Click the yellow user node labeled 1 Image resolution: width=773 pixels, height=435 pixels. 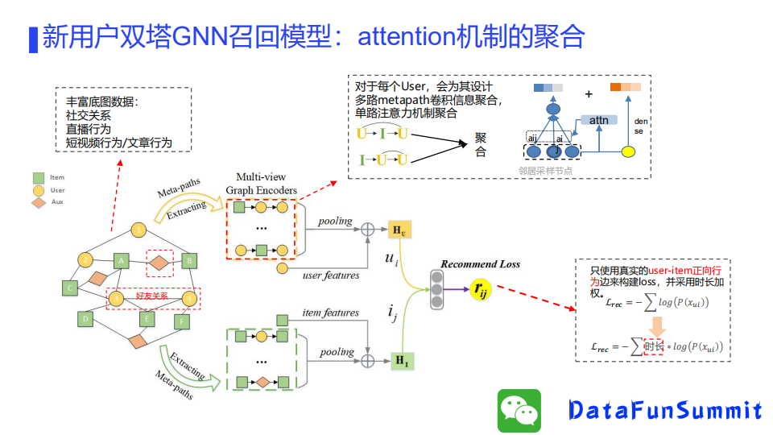tap(140, 231)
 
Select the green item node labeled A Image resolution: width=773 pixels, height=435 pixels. tap(121, 260)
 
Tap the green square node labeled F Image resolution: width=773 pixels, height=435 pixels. tap(183, 321)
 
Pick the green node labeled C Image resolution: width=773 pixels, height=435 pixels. tap(71, 288)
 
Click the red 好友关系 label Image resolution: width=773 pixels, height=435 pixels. tap(152, 296)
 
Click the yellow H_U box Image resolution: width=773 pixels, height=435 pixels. tap(399, 230)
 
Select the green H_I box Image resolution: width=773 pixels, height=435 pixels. tap(400, 360)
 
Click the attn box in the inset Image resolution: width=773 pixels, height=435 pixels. tap(599, 120)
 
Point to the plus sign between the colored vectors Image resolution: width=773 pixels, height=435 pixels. tap(589, 93)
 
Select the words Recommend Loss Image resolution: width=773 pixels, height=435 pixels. tap(480, 263)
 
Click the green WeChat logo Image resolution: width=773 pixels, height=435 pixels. tap(519, 410)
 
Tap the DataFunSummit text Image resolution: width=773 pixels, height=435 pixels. tap(665, 410)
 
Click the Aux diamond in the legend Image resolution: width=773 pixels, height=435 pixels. tap(38, 201)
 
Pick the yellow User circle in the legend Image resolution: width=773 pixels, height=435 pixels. tap(38, 190)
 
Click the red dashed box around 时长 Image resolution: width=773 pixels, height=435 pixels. tap(653, 346)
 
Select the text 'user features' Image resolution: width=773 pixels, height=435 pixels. tap(331, 275)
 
